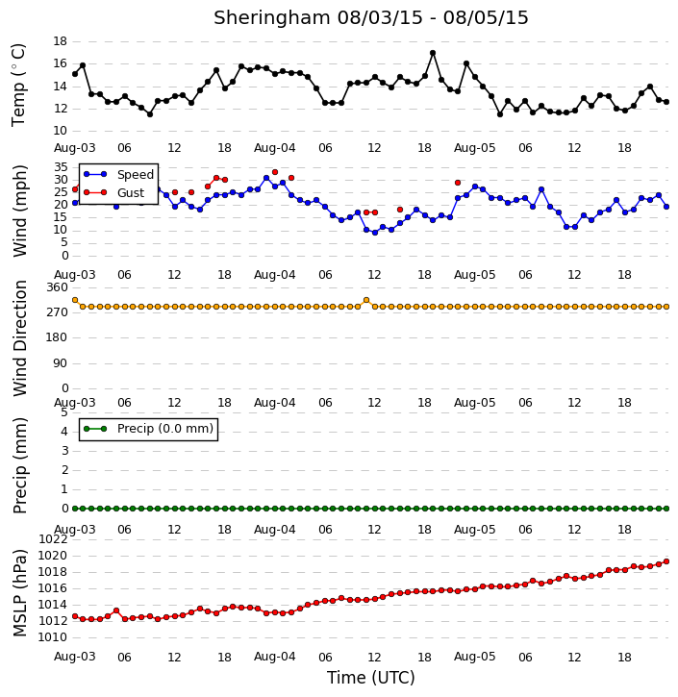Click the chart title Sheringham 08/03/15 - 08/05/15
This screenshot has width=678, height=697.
pyautogui.click(x=371, y=17)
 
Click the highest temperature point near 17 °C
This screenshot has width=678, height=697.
pyautogui.click(x=433, y=53)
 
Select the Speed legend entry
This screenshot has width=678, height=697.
pyautogui.click(x=118, y=174)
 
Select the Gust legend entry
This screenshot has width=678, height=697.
pyautogui.click(x=113, y=192)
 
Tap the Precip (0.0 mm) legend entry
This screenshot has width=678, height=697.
pyautogui.click(x=148, y=429)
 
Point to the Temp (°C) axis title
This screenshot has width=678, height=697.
pyautogui.click(x=18, y=86)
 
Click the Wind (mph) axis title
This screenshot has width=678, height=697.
pyautogui.click(x=19, y=212)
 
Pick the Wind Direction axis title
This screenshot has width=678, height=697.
pyautogui.click(x=19, y=338)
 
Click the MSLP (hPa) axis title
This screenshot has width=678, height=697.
pyautogui.click(x=19, y=592)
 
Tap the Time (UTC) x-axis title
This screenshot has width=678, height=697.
pyautogui.click(x=371, y=678)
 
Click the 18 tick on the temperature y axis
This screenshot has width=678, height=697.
pyautogui.click(x=60, y=41)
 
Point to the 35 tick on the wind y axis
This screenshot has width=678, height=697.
pyautogui.click(x=62, y=167)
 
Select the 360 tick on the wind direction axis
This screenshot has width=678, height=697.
pyautogui.click(x=58, y=287)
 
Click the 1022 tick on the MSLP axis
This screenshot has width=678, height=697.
pyautogui.click(x=53, y=539)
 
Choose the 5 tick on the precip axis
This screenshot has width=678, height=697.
pyautogui.click(x=64, y=412)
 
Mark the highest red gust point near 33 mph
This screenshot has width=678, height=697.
pyautogui.click(x=275, y=172)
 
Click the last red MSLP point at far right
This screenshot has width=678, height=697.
pyautogui.click(x=666, y=561)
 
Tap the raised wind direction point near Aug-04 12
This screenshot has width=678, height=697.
pyautogui.click(x=366, y=300)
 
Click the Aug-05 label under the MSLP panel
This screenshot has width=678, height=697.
pyautogui.click(x=474, y=657)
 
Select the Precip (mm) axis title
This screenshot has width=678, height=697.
pyautogui.click(x=19, y=466)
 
